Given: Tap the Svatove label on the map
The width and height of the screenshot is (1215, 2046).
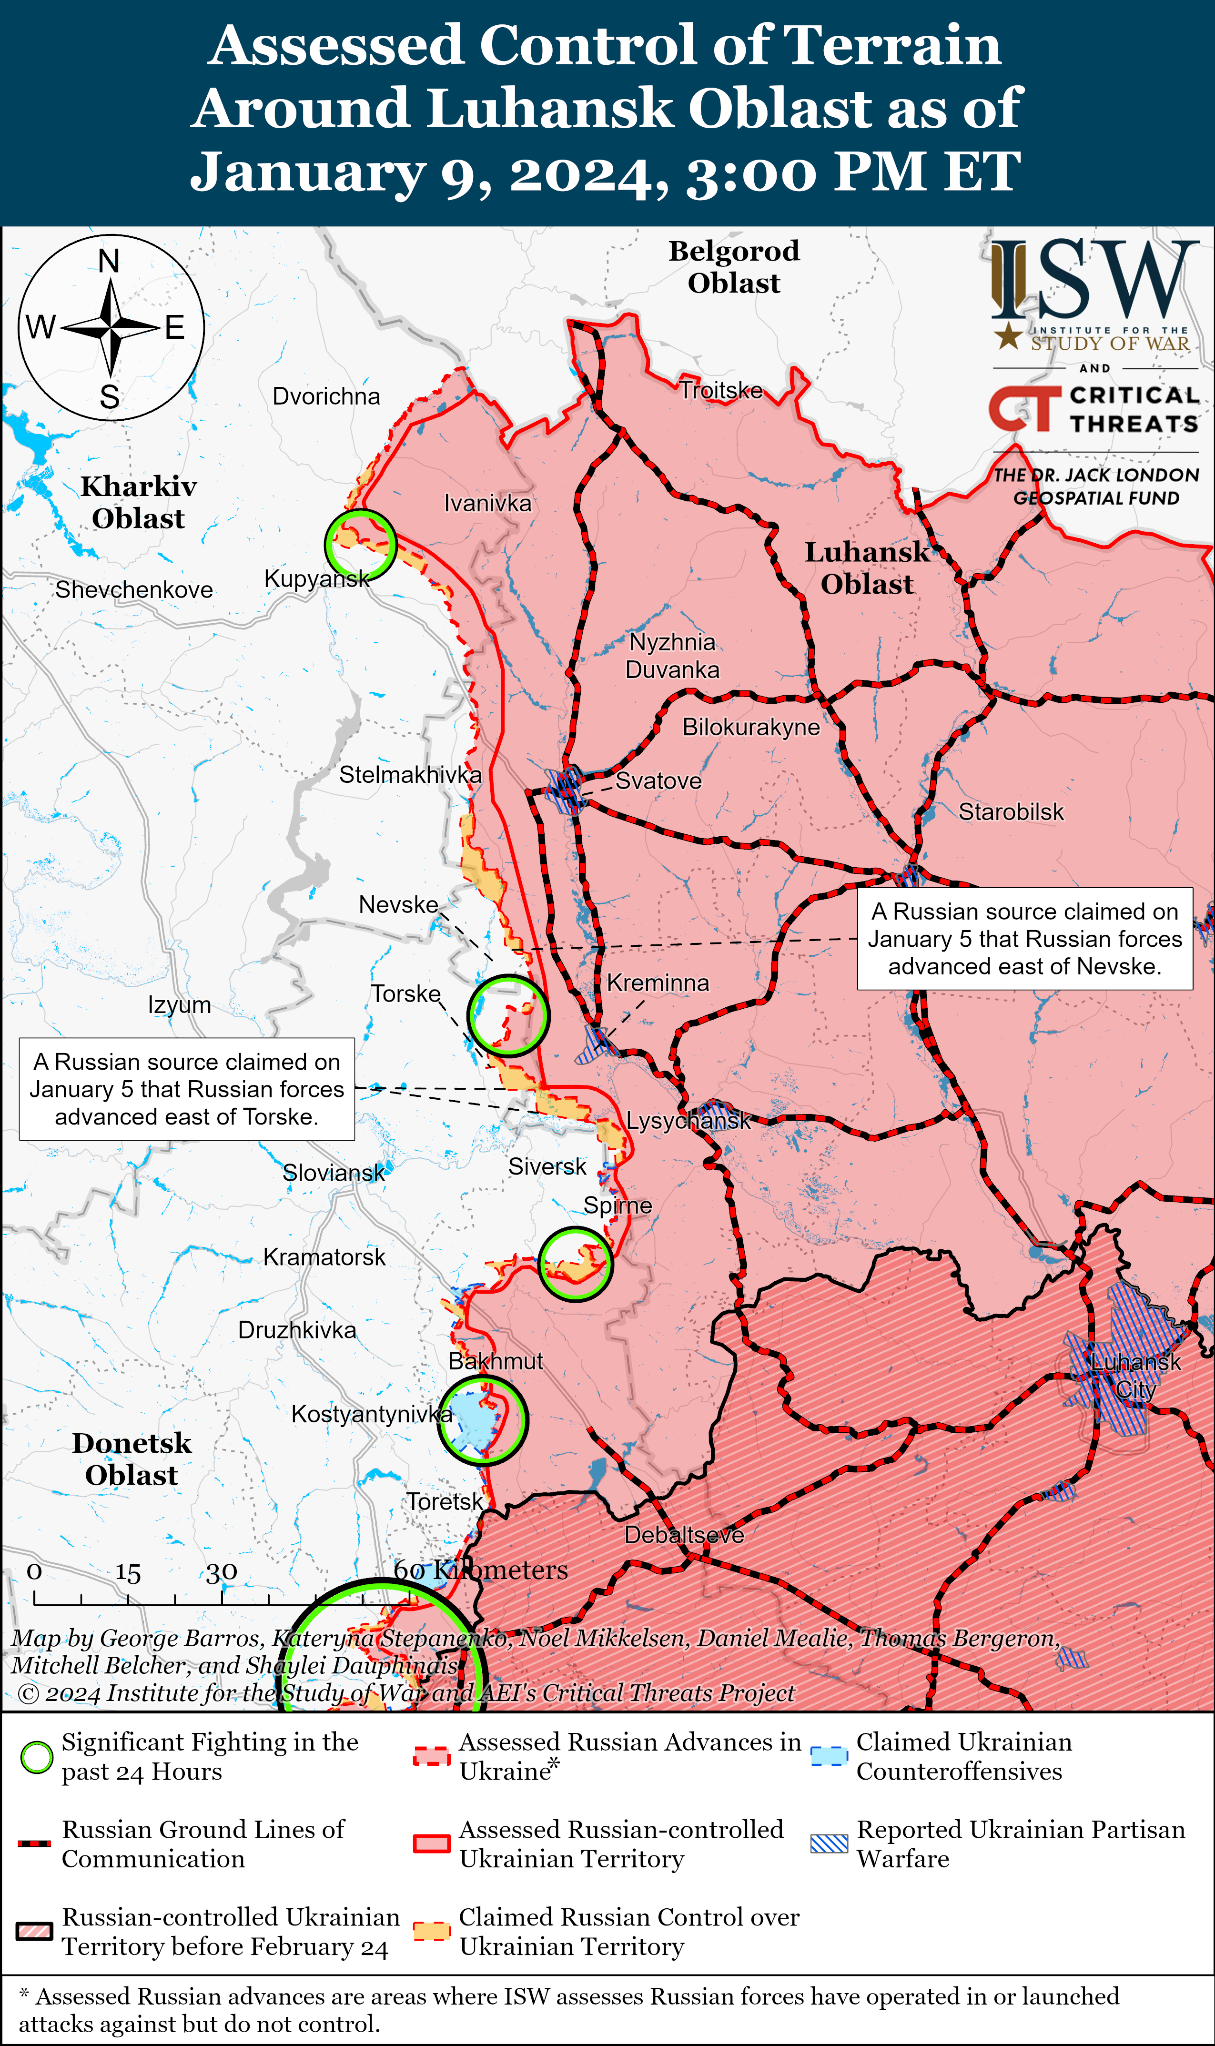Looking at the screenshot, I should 658,780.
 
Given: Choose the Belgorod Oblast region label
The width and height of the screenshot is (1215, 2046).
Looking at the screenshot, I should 734,266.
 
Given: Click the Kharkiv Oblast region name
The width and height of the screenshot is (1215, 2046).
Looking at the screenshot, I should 138,502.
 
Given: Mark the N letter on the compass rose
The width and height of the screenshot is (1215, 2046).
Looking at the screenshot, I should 109,261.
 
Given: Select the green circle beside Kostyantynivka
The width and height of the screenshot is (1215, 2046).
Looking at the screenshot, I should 482,1420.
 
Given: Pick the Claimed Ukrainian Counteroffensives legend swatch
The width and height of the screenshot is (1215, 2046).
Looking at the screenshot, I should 829,1756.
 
